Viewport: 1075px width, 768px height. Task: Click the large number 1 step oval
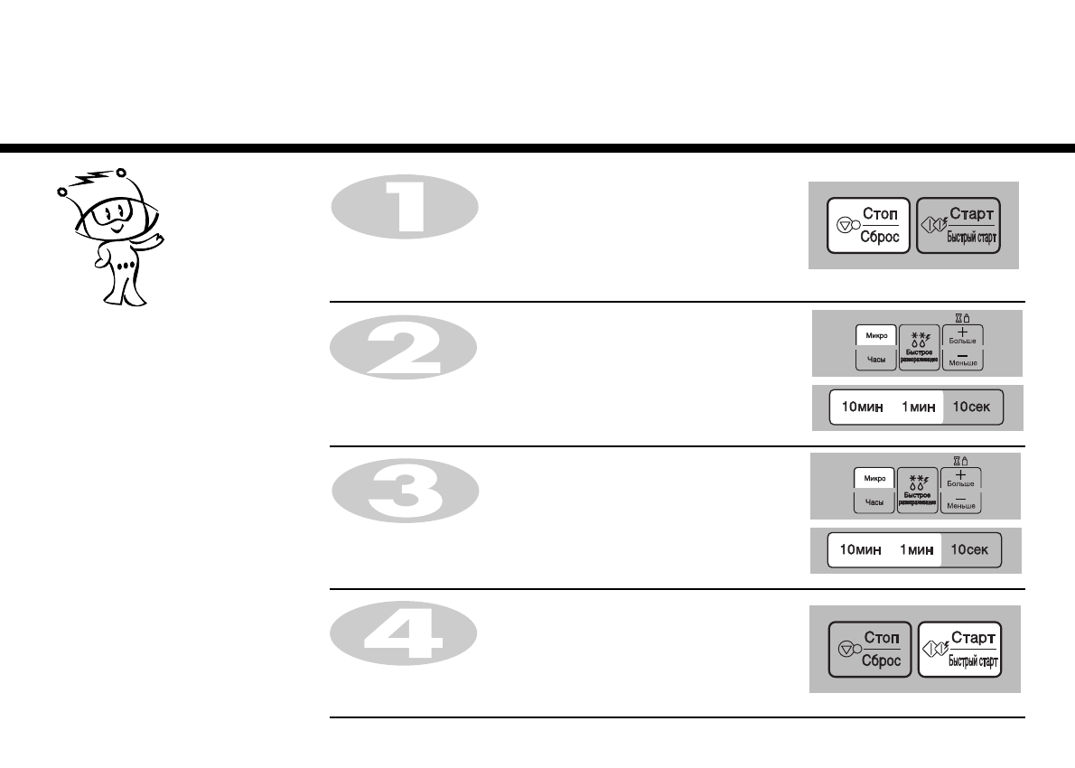(x=405, y=207)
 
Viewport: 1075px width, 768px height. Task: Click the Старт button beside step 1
(x=958, y=225)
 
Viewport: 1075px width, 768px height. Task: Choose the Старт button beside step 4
(x=958, y=650)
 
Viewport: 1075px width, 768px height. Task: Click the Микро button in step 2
(x=875, y=336)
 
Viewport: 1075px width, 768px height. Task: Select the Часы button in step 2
(x=875, y=360)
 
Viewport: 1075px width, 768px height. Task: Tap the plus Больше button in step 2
(x=962, y=336)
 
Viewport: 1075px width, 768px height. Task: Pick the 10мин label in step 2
(x=862, y=407)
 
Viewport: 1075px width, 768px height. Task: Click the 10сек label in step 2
(x=972, y=407)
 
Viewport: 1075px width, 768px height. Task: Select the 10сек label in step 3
(x=970, y=549)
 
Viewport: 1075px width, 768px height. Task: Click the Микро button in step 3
(x=874, y=478)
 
